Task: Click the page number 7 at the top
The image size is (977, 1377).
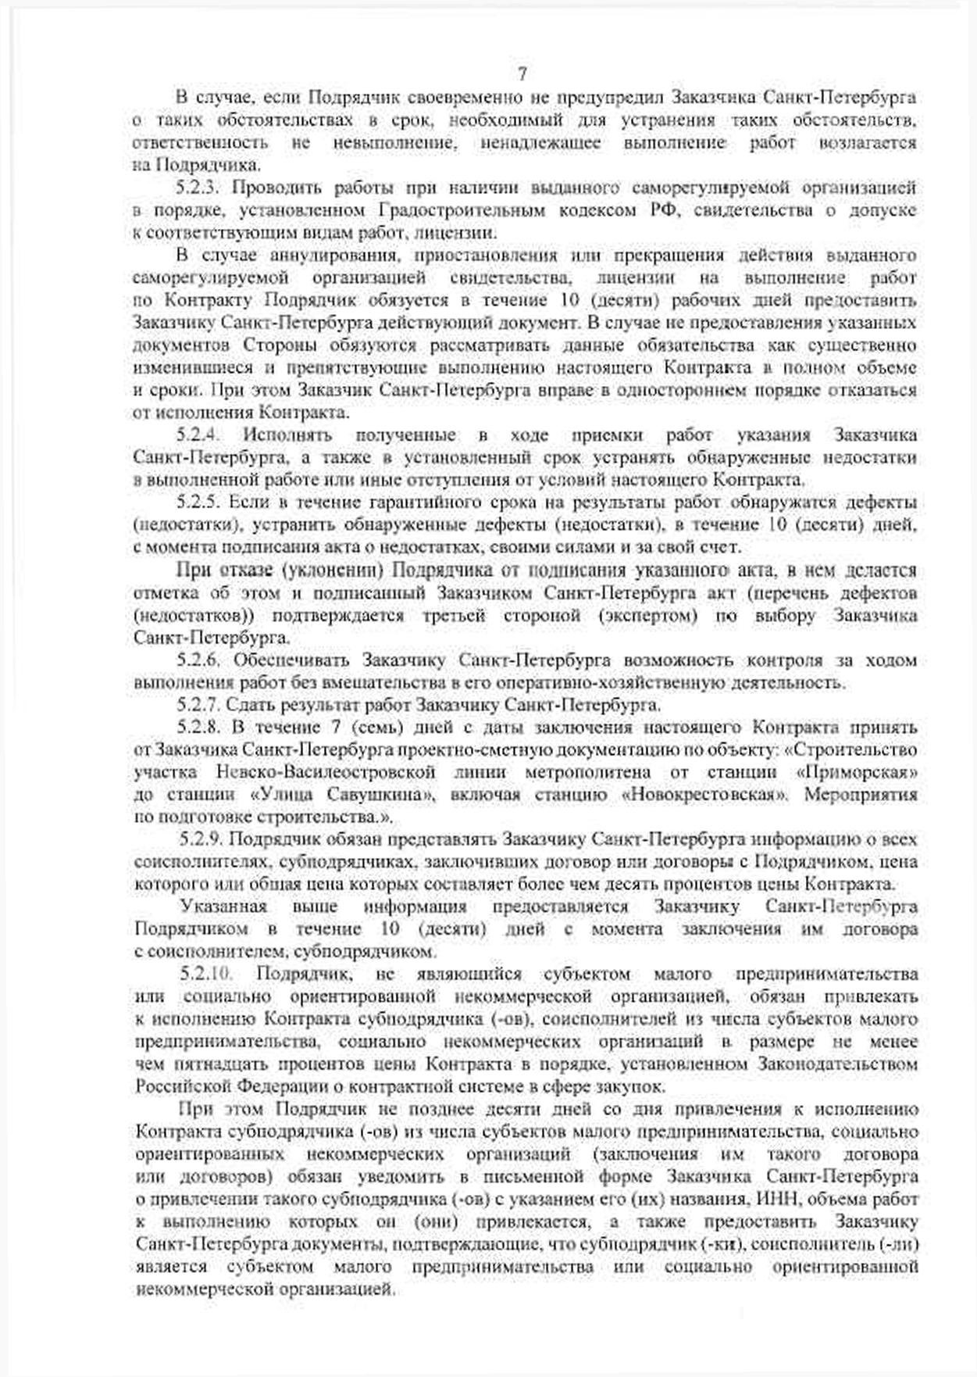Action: coord(522,74)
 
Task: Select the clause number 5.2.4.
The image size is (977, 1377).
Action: coord(201,435)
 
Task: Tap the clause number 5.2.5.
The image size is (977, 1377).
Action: coord(200,503)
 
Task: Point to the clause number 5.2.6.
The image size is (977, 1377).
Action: coord(200,660)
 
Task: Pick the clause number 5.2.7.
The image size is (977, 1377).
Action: coord(200,705)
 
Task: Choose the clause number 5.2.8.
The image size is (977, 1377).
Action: coord(200,728)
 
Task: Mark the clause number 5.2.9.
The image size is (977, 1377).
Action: coord(202,840)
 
